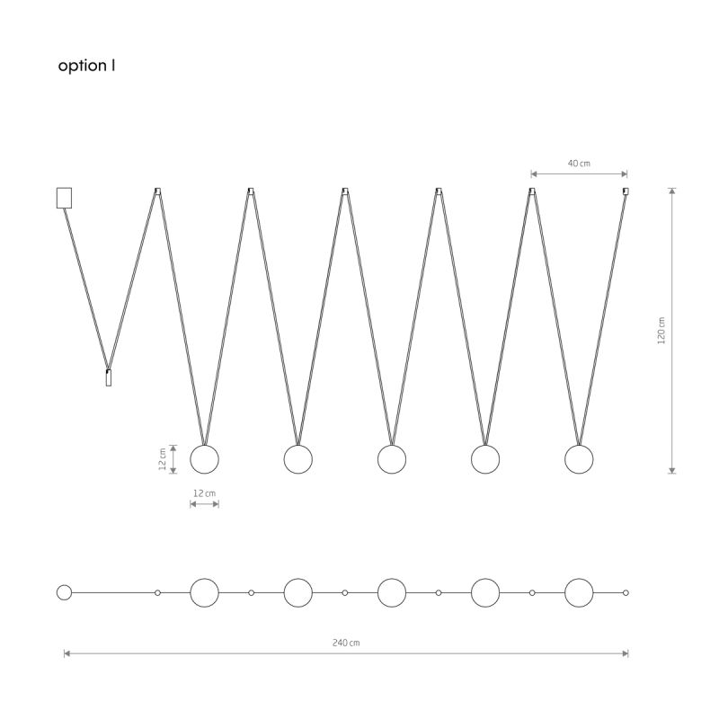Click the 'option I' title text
86,66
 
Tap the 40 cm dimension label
579,164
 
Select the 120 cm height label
661,330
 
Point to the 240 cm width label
346,643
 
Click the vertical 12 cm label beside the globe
163,459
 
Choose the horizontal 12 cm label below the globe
204,493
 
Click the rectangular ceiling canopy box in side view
64,198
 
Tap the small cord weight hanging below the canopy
109,377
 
